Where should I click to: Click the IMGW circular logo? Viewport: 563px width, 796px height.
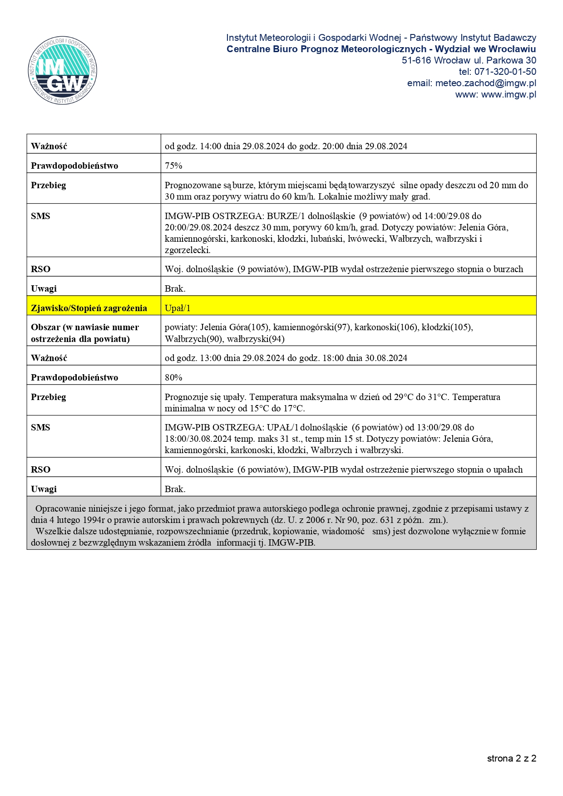pos(62,70)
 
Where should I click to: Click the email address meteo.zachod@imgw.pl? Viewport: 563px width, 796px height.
pos(485,83)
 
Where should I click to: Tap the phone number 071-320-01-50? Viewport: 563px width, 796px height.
pos(505,72)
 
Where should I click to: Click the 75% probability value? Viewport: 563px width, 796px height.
pos(173,166)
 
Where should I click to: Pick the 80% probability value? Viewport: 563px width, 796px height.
pos(173,377)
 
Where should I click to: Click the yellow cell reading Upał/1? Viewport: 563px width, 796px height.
pos(178,308)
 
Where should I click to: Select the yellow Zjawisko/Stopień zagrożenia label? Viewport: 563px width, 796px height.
pos(89,308)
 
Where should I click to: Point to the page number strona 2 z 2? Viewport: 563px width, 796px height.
pos(511,758)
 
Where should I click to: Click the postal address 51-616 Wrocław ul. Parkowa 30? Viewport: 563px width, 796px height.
pos(469,60)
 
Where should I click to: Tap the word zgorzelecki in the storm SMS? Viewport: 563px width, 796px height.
pos(187,250)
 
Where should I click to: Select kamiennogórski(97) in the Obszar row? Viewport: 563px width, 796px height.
pos(311,327)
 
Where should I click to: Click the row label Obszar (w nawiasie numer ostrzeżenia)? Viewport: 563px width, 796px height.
pos(85,333)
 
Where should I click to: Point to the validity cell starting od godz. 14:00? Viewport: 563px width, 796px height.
pos(286,146)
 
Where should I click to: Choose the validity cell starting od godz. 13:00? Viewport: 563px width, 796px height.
pos(286,358)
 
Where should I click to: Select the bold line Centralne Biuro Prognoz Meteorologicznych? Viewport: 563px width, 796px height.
pos(326,49)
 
